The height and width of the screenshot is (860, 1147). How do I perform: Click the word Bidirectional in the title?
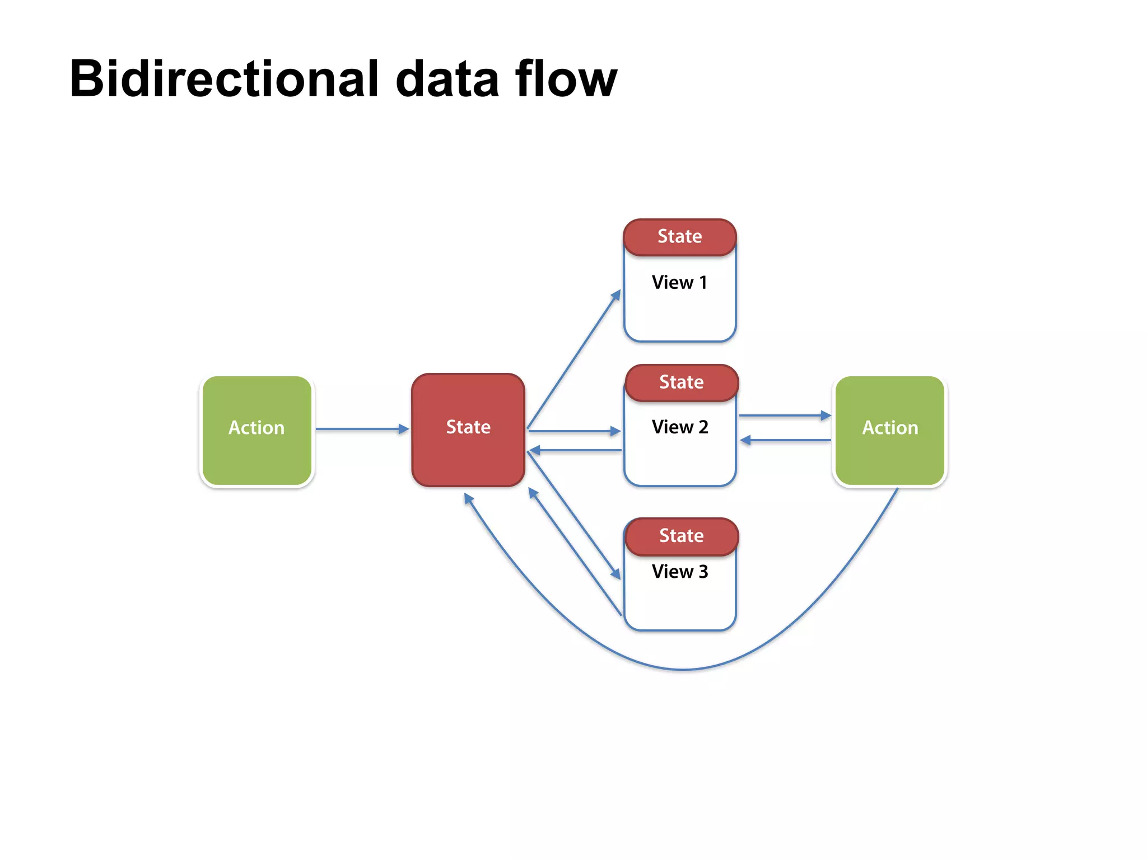tap(224, 80)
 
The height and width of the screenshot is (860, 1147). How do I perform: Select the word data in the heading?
tap(447, 80)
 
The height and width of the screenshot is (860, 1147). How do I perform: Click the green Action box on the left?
tap(257, 430)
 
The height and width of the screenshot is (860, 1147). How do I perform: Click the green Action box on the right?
tap(890, 430)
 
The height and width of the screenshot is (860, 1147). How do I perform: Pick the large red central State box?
tap(468, 429)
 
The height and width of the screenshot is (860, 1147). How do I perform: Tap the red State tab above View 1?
tap(679, 237)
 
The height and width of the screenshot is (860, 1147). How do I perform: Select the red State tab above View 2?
tap(681, 382)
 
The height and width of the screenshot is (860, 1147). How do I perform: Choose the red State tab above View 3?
tap(681, 536)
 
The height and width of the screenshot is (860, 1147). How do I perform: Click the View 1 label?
tap(679, 283)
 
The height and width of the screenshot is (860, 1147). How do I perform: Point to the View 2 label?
tap(680, 427)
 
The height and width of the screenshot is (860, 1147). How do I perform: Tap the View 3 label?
tap(680, 572)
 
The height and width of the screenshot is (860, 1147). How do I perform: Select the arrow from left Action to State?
tap(361, 429)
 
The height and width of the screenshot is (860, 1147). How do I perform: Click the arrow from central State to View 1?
tap(574, 359)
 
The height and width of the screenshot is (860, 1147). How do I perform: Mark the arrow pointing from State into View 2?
tap(574, 431)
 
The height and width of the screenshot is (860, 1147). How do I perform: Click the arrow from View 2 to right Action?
tap(784, 415)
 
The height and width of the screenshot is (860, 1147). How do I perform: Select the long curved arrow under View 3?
tap(683, 669)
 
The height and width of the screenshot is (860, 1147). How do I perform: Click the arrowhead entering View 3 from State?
tap(616, 574)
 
